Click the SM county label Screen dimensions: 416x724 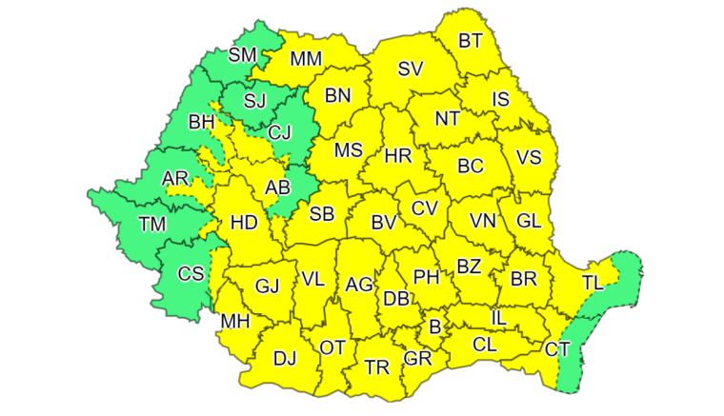pyautogui.click(x=243, y=55)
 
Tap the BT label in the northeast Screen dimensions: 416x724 pyautogui.click(x=471, y=40)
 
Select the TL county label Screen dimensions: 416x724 pyautogui.click(x=593, y=282)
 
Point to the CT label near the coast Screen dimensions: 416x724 pyautogui.click(x=558, y=349)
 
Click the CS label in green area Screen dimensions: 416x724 pyautogui.click(x=191, y=274)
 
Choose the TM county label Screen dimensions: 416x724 pyautogui.click(x=151, y=225)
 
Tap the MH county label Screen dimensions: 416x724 pyautogui.click(x=234, y=322)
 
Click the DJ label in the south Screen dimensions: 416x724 pyautogui.click(x=285, y=359)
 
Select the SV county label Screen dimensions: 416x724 pyautogui.click(x=411, y=69)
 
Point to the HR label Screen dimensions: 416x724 pyautogui.click(x=398, y=155)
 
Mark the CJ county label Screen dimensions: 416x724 pyautogui.click(x=279, y=133)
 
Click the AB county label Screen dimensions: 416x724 pyautogui.click(x=277, y=188)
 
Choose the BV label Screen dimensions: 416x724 pyautogui.click(x=383, y=223)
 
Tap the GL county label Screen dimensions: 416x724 pyautogui.click(x=528, y=220)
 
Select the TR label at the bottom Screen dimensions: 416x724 pyautogui.click(x=376, y=366)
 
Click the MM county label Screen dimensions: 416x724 pyautogui.click(x=306, y=59)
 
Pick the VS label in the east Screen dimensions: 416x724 pyautogui.click(x=529, y=158)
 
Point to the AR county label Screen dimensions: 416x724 pyautogui.click(x=175, y=179)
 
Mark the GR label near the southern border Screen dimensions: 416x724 pyautogui.click(x=417, y=359)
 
